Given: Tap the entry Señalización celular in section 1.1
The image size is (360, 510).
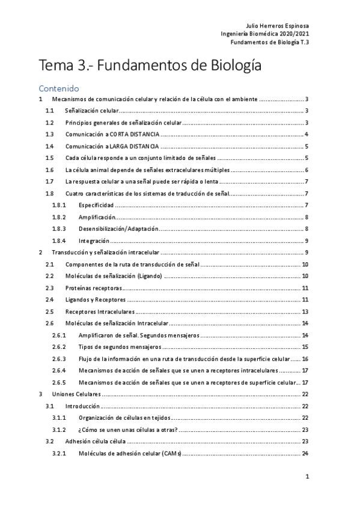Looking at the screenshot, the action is point(92,111).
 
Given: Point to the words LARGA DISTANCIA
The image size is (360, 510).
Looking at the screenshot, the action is point(136,146).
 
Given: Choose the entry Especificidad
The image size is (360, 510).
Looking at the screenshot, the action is point(96,205).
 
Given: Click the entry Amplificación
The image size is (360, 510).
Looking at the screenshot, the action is point(96,217).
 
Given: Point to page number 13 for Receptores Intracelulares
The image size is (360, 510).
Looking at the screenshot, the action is point(305,312).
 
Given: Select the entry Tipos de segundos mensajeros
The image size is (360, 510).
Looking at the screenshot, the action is point(120,347).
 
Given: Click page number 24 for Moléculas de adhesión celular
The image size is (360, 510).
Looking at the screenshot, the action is point(305,453).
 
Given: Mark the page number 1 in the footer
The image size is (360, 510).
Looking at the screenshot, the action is point(307,477).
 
